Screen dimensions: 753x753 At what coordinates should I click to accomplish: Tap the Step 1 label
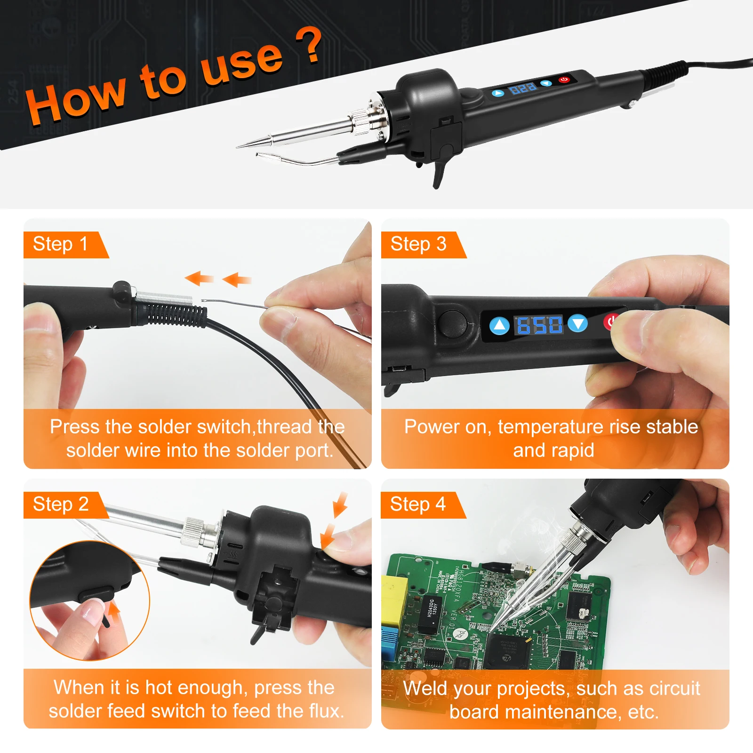(60, 244)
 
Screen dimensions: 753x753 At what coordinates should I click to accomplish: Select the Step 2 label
(61, 505)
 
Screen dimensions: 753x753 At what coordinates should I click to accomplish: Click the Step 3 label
(418, 244)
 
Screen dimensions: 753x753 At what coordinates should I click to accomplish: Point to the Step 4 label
(417, 505)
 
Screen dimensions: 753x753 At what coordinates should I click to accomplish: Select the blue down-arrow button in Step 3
(578, 324)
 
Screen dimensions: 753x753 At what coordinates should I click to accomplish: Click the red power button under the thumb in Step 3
(610, 322)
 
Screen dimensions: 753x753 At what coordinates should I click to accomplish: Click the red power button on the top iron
(564, 80)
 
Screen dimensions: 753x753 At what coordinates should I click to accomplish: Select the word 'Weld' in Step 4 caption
(423, 688)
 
